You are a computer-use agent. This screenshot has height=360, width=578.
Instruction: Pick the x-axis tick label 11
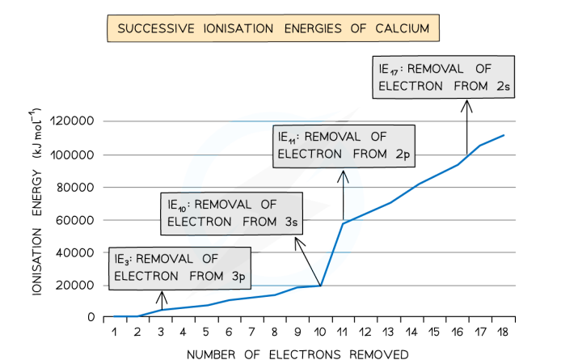click(x=344, y=332)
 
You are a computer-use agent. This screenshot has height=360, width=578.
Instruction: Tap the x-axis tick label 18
click(x=504, y=332)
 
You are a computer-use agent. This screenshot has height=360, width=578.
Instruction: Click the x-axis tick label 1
click(x=115, y=332)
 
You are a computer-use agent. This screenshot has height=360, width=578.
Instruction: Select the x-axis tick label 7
click(x=252, y=332)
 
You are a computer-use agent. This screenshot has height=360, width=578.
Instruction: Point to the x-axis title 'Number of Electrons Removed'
click(x=297, y=354)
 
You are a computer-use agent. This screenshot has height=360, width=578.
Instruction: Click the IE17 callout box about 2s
click(x=444, y=76)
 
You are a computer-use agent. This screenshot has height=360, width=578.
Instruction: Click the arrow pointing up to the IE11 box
click(x=344, y=197)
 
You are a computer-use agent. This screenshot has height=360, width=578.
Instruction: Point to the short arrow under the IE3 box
click(x=161, y=299)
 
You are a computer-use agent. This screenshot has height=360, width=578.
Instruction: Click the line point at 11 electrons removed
click(x=344, y=223)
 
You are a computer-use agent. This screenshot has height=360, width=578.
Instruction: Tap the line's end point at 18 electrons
click(x=504, y=135)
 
